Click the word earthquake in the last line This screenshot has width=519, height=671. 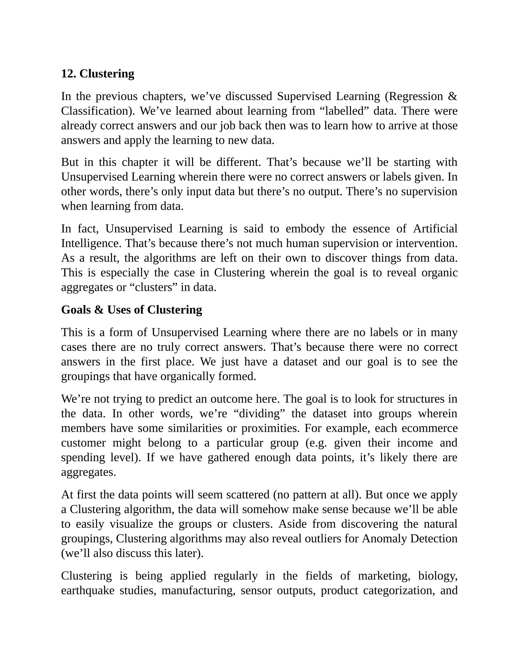click(88, 590)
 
